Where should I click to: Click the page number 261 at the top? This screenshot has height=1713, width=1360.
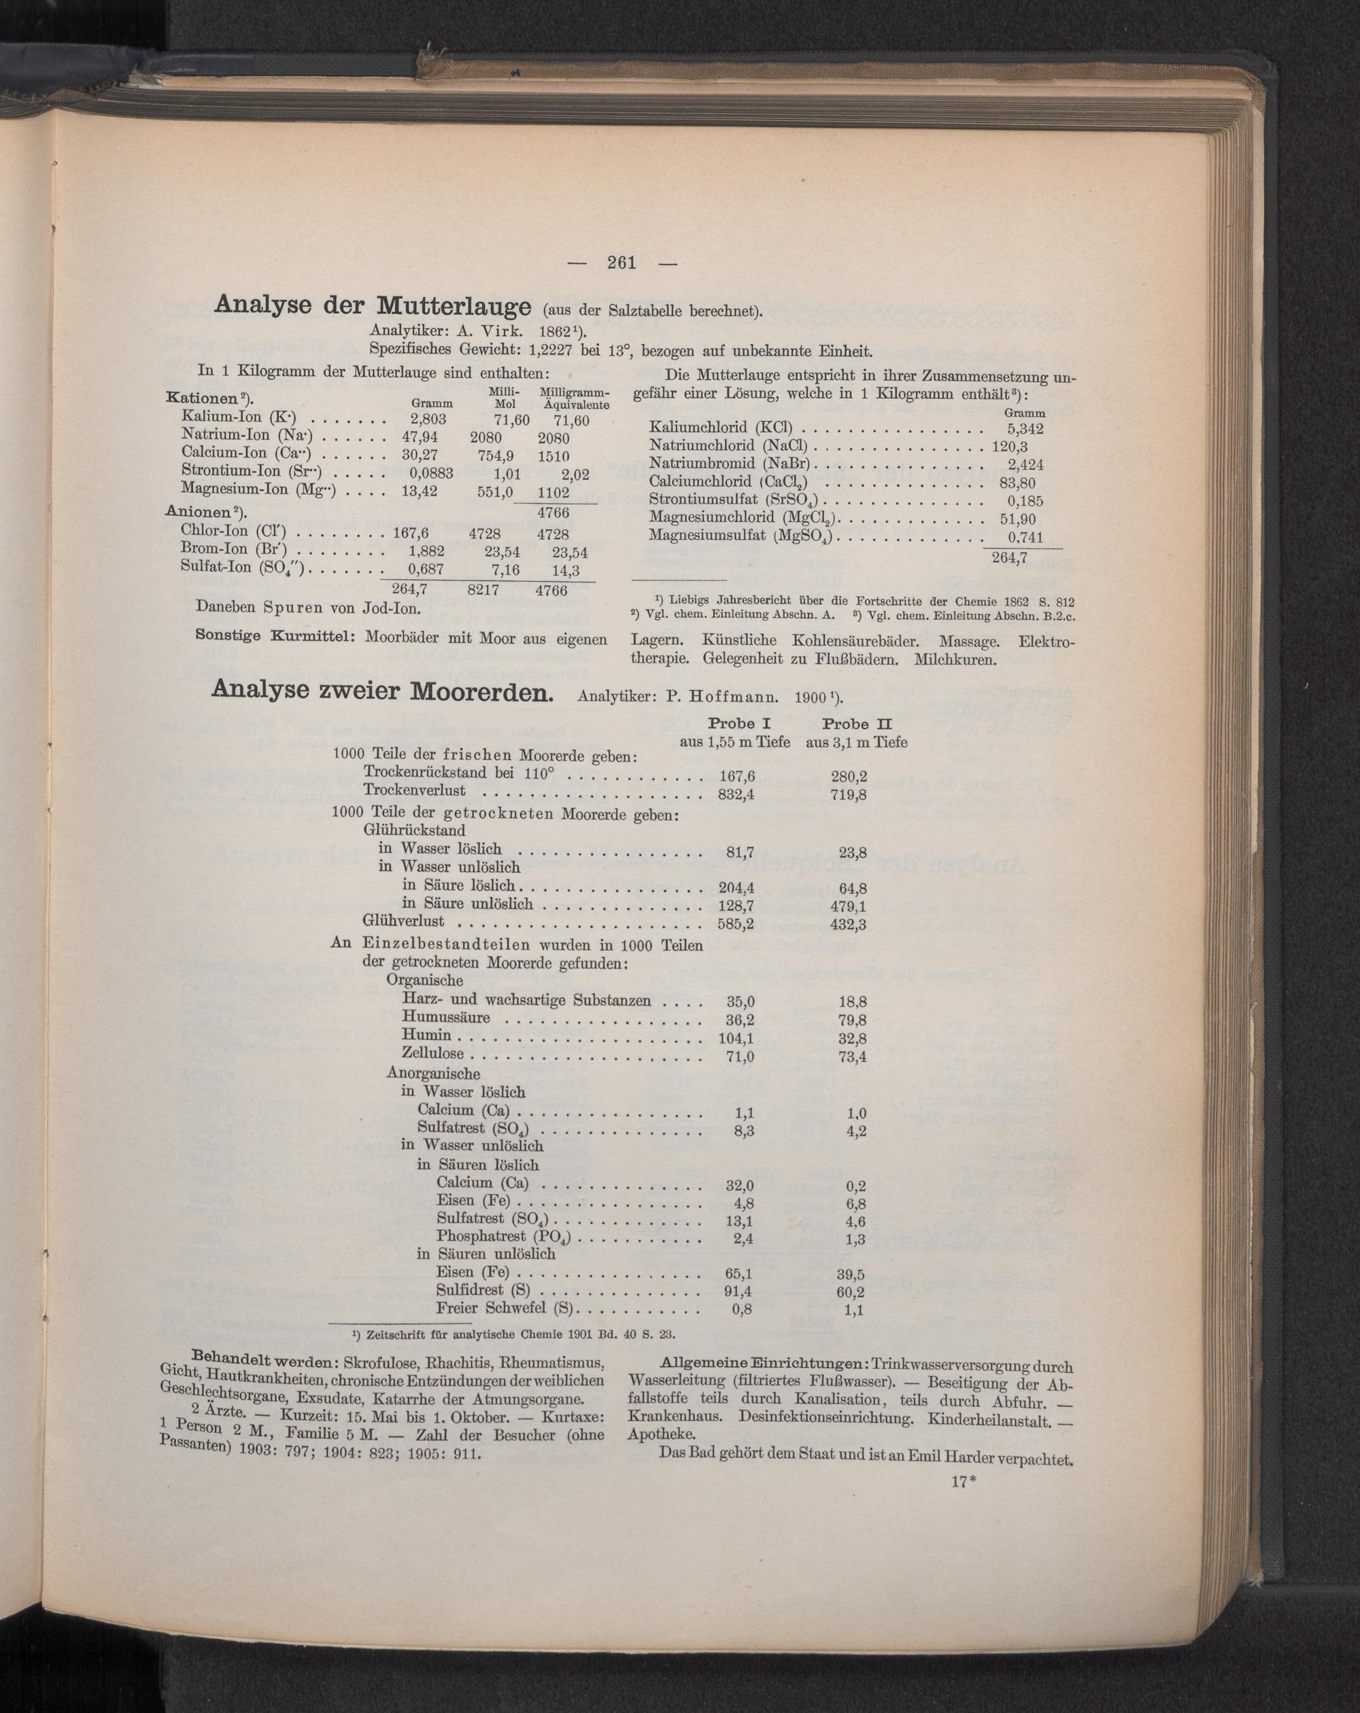[622, 262]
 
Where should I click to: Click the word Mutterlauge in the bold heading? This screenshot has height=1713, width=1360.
[454, 306]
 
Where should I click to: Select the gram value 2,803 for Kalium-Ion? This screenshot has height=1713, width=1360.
[428, 419]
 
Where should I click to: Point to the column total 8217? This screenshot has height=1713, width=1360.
[483, 591]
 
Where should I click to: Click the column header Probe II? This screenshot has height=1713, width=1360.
[857, 724]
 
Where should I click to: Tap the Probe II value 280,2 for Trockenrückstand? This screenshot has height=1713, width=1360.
[848, 776]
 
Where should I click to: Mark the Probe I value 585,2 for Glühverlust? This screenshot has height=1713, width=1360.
[735, 923]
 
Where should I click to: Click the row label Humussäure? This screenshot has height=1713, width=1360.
[446, 1018]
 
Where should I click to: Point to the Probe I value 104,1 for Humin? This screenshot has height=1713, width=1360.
[735, 1037]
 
